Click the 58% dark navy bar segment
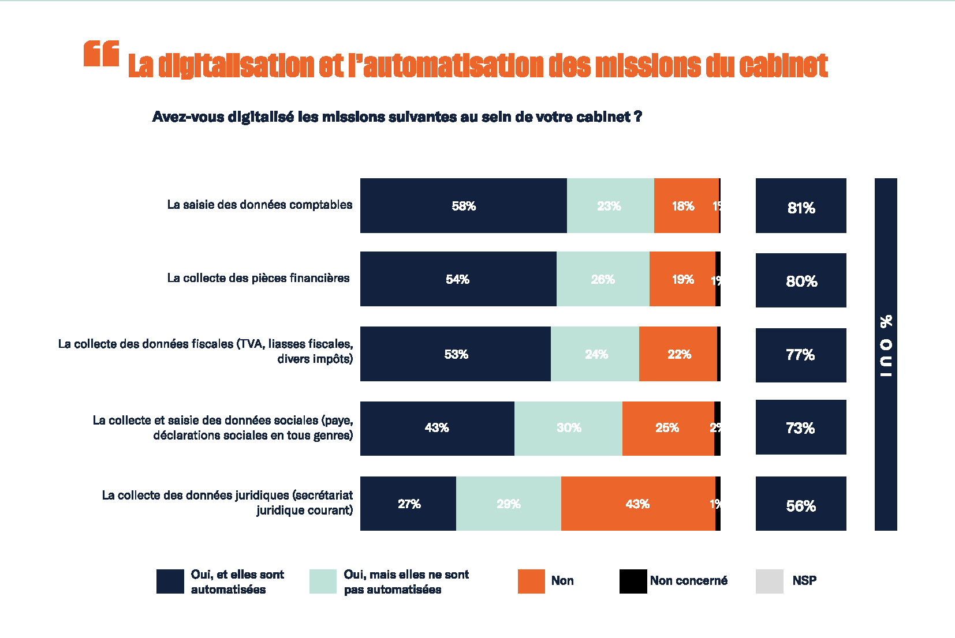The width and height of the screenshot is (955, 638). tap(463, 206)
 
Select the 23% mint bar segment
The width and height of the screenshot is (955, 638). tap(610, 206)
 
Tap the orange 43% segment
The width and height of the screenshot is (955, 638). tap(637, 504)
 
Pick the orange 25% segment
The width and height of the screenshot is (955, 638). tap(667, 428)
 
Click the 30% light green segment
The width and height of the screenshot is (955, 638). tap(568, 428)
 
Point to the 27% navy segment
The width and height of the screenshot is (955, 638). tap(408, 504)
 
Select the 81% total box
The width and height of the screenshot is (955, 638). tap(800, 207)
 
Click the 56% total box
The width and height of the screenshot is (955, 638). tap(800, 504)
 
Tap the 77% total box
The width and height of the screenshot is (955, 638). tap(800, 355)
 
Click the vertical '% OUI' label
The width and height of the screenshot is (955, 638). tap(886, 346)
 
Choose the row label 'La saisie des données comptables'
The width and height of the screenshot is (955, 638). tap(259, 205)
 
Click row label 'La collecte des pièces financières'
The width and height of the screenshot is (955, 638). tap(258, 278)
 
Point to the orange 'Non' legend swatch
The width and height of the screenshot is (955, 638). tap(531, 581)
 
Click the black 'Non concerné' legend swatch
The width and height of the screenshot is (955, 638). tap(633, 581)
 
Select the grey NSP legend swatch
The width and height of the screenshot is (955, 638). tap(769, 581)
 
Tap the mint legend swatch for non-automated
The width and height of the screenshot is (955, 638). tap(323, 581)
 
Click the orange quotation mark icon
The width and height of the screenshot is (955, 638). tap(101, 54)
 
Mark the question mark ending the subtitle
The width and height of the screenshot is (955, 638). tap(638, 117)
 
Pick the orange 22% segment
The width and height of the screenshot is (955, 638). tap(678, 354)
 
